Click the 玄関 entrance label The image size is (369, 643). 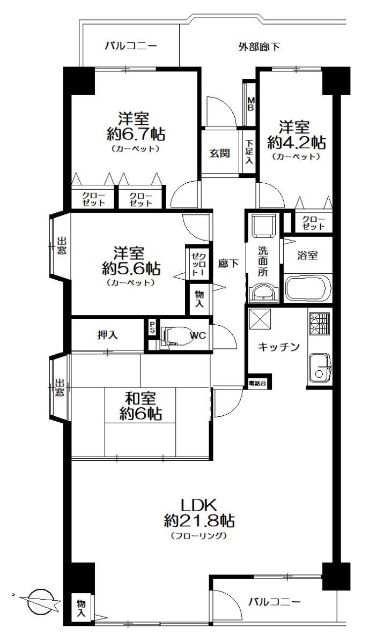point(219,153)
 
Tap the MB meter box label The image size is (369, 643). point(251,104)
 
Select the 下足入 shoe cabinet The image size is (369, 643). point(249,152)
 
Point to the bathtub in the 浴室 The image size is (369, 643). point(307,288)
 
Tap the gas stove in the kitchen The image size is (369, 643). point(320,324)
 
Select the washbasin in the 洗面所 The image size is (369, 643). point(263,293)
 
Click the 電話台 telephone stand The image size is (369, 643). point(257,383)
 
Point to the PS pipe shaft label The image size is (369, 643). point(152,327)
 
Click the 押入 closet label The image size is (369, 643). point(107,335)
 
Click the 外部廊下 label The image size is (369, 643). point(259,47)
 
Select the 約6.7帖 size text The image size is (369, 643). point(136,134)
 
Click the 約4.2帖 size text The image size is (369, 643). point(296,143)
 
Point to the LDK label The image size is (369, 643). point(198,505)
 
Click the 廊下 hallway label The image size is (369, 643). point(228,263)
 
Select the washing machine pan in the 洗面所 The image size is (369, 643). point(263,226)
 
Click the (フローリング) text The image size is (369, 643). point(198,535)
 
